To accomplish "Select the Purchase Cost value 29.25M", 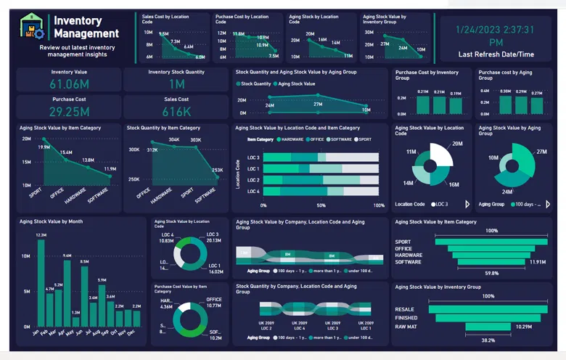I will click(x=70, y=112).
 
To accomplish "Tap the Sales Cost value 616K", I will click(x=176, y=112).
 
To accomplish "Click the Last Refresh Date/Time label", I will click(x=496, y=54).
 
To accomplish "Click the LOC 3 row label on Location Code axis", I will click(x=253, y=157).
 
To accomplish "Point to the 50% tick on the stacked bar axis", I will click(x=321, y=205).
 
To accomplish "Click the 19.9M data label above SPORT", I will click(x=44, y=147).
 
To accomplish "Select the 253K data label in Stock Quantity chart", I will click(x=217, y=170).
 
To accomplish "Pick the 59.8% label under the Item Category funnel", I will click(x=470, y=274).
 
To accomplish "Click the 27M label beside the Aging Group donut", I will click(x=541, y=151).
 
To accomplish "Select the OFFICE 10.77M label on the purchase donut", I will click(x=213, y=302).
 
